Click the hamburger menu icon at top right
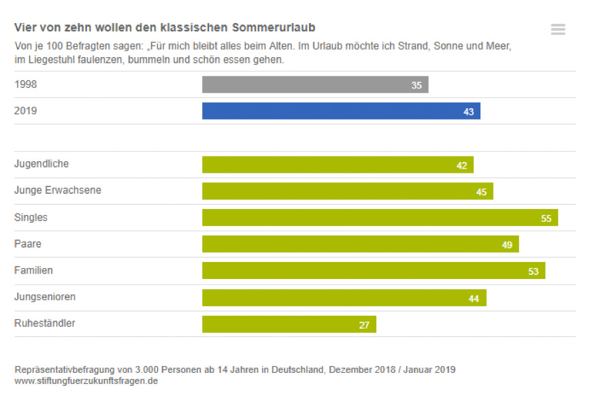click(558, 29)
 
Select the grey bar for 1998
click(314, 84)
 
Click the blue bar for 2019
click(340, 111)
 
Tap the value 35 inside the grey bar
click(416, 85)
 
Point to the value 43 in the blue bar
click(468, 112)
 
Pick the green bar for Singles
click(379, 218)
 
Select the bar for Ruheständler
click(289, 325)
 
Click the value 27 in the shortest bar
click(364, 325)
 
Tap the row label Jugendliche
click(42, 164)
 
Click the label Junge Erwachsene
click(58, 191)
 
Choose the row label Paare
click(28, 244)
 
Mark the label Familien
click(33, 270)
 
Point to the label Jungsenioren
click(45, 297)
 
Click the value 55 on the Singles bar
click(546, 218)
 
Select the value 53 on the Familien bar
click(533, 271)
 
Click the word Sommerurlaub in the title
click(274, 27)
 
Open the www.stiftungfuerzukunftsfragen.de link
click(86, 381)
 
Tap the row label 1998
click(26, 84)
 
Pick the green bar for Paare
click(360, 244)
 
